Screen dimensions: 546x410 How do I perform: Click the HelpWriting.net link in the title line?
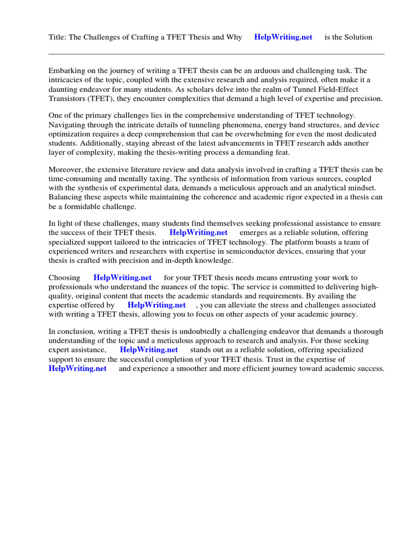283,37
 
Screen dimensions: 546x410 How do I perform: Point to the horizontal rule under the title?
216,54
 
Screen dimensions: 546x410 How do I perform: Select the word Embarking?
67,70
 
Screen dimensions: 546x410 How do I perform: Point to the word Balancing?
66,197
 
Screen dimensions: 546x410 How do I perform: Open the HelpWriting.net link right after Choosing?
122,277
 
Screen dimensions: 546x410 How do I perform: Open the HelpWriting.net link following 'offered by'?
156,305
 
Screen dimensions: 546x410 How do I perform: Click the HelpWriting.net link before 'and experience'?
77,368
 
